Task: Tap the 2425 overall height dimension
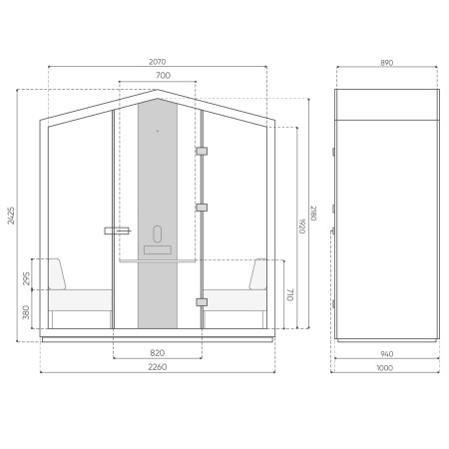click(12, 216)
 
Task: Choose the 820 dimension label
click(158, 352)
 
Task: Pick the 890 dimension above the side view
click(386, 62)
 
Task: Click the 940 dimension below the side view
click(386, 352)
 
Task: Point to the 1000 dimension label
click(386, 367)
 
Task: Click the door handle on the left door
click(117, 230)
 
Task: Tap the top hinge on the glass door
click(202, 151)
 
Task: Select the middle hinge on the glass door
click(202, 208)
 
